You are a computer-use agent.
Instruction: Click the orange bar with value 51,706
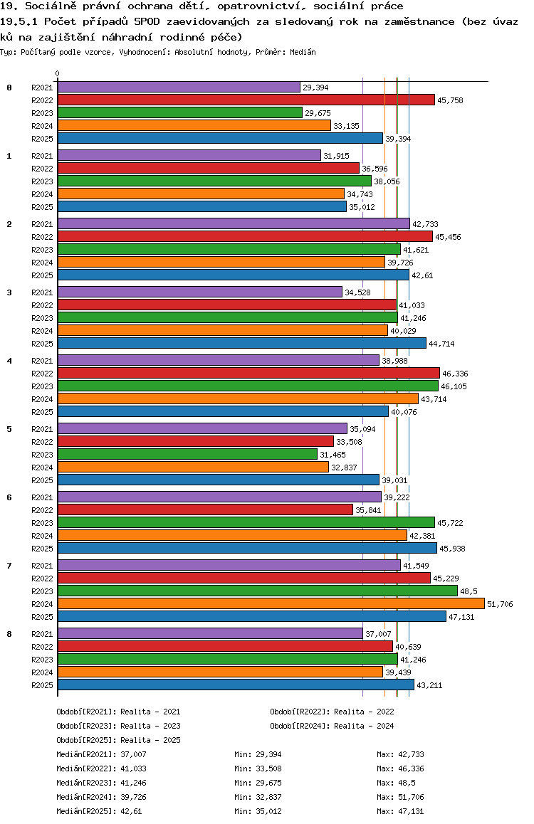pyautogui.click(x=271, y=603)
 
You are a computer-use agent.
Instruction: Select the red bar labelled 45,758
pyautogui.click(x=246, y=100)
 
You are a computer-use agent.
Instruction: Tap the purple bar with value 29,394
pyautogui.click(x=179, y=87)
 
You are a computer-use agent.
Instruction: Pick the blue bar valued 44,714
pyautogui.click(x=241, y=343)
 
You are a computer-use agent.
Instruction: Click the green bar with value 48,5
pyautogui.click(x=257, y=591)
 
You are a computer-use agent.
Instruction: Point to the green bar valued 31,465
pyautogui.click(x=187, y=454)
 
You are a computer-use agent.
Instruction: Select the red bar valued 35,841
pyautogui.click(x=205, y=509)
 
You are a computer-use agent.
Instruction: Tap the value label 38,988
pyautogui.click(x=394, y=361)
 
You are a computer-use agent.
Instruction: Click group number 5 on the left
pyautogui.click(x=9, y=429)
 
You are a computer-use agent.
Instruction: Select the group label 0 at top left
pyautogui.click(x=9, y=88)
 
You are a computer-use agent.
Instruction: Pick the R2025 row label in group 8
pyautogui.click(x=43, y=685)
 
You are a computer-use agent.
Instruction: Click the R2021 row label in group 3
pyautogui.click(x=43, y=292)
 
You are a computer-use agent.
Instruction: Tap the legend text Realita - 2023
pyautogui.click(x=150, y=726)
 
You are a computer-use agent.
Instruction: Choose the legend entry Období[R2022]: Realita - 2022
pyautogui.click(x=332, y=712)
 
